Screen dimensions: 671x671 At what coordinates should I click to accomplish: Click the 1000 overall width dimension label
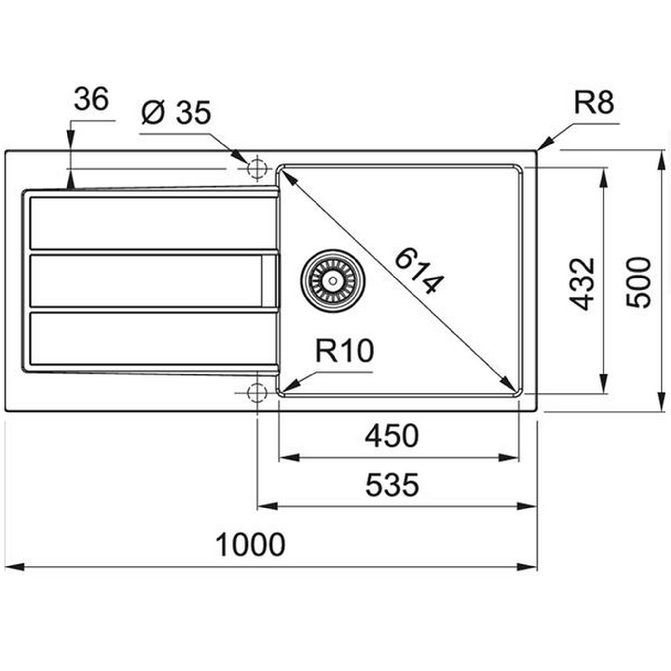click(x=250, y=545)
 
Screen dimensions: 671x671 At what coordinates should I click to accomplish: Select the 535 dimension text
click(x=393, y=485)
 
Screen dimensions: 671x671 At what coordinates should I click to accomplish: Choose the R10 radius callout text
click(x=345, y=352)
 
